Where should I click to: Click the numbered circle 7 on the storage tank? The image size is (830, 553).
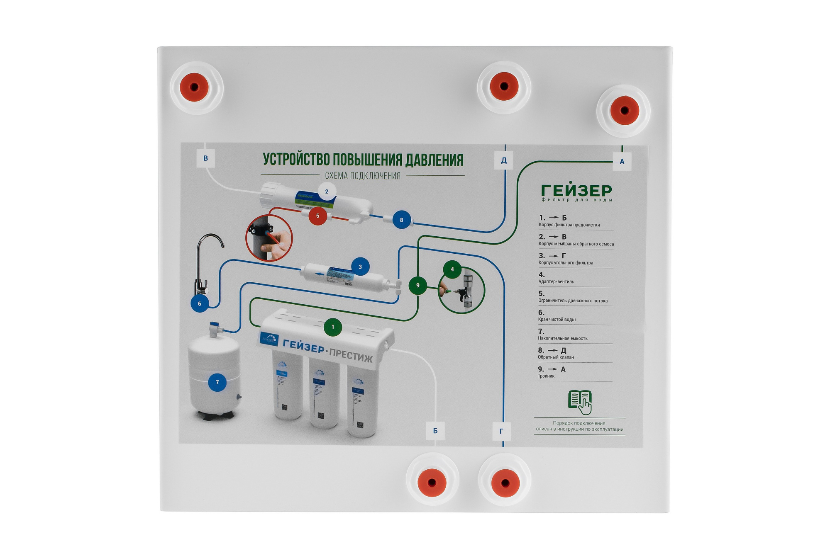click(x=217, y=382)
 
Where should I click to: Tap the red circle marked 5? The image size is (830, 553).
click(x=317, y=216)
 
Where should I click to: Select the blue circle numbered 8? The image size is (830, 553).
click(x=401, y=220)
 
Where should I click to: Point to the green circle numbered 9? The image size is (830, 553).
click(x=417, y=285)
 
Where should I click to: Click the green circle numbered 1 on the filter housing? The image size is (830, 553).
click(x=332, y=327)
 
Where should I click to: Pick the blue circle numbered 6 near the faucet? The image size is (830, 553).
click(x=200, y=303)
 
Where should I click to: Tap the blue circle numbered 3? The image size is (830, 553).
click(x=360, y=267)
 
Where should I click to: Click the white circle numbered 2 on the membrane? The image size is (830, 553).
click(x=327, y=191)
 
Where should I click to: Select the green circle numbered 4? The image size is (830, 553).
click(x=452, y=269)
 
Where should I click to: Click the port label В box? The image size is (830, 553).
click(x=205, y=158)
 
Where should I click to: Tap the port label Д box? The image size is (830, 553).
click(x=504, y=160)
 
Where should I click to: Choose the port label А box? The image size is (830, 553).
click(x=622, y=162)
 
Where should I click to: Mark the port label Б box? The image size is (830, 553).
click(x=435, y=431)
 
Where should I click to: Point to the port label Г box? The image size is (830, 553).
click(x=501, y=431)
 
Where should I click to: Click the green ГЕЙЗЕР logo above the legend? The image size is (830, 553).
click(x=576, y=191)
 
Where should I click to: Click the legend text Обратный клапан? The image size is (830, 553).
click(x=556, y=357)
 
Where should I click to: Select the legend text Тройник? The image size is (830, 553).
click(x=546, y=376)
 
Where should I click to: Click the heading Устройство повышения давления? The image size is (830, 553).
click(x=363, y=160)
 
